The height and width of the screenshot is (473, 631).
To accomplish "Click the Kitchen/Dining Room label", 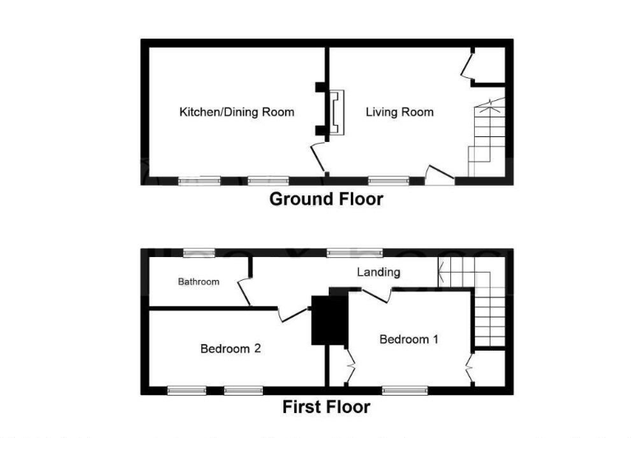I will [x=237, y=112].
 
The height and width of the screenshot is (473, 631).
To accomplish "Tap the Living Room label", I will [x=399, y=112].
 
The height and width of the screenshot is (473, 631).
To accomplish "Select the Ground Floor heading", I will [x=326, y=199].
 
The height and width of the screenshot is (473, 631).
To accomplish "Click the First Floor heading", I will [x=326, y=406].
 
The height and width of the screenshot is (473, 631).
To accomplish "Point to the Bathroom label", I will [x=199, y=282].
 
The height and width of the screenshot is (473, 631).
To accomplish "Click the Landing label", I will [x=378, y=272].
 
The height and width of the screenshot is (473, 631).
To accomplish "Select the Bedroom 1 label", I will [x=409, y=339].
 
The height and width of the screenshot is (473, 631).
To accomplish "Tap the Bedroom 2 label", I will [x=230, y=348].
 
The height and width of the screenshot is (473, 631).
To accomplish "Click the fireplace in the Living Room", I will [x=335, y=113].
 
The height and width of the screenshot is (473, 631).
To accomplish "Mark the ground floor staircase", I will [x=485, y=140].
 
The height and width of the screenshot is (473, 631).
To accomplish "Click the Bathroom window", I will [x=193, y=252].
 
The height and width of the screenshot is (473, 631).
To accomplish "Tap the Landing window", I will [x=348, y=252].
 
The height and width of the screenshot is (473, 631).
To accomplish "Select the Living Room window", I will [x=388, y=179].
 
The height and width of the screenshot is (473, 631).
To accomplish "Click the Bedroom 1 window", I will [x=404, y=390].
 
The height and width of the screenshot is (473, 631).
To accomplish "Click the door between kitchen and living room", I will [x=317, y=156].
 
